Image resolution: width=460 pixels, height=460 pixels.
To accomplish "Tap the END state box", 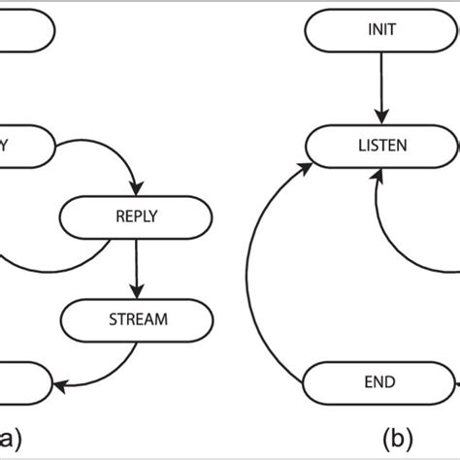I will (x=379, y=381).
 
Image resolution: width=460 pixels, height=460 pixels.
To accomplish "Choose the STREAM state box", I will (x=136, y=316).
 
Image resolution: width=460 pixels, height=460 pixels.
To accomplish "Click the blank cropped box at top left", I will (x=24, y=29).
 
